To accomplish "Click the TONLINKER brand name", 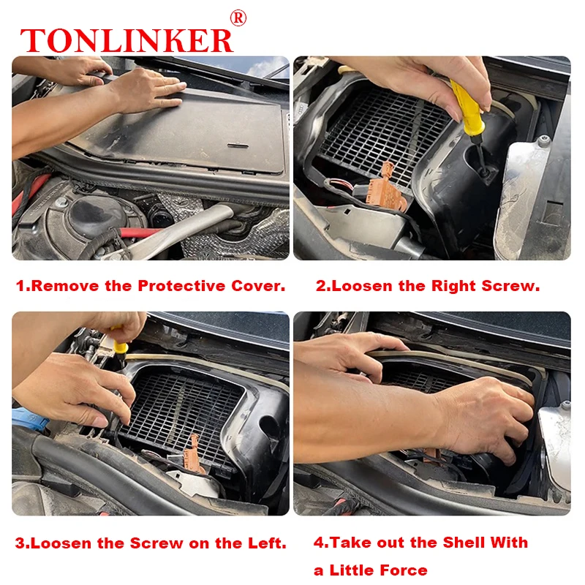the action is [x=127, y=40].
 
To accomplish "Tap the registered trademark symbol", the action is [x=238, y=18].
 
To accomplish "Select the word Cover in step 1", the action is [x=258, y=286].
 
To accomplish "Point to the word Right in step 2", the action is [x=453, y=286].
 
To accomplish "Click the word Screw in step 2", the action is [x=510, y=286].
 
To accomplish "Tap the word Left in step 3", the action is [x=267, y=543].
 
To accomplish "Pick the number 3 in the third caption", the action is [x=20, y=543].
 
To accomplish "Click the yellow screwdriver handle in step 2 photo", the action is [x=467, y=108].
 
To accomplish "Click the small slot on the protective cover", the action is [x=238, y=145].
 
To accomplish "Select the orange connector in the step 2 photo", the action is [x=388, y=189].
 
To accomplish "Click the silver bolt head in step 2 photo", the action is [x=543, y=140].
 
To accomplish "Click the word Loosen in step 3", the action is [x=61, y=543].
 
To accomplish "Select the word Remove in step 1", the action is [x=65, y=286].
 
